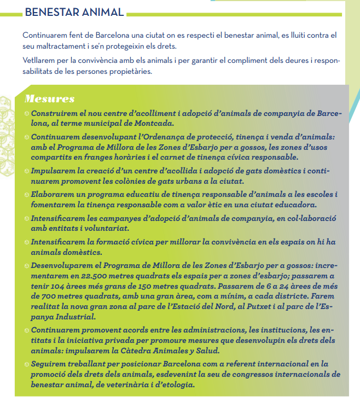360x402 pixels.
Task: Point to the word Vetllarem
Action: (x=40, y=60)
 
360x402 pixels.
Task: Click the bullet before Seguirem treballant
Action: (x=27, y=364)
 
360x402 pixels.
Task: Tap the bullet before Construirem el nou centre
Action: (x=27, y=114)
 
